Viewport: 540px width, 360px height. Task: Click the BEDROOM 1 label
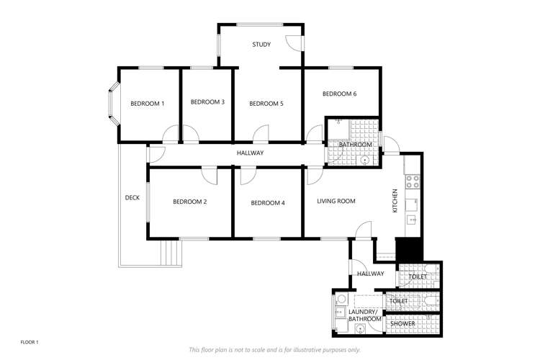click(147, 104)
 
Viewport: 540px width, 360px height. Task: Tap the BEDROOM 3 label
click(207, 102)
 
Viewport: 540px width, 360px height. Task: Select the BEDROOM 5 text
click(266, 104)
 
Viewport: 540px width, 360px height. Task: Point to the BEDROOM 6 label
click(339, 94)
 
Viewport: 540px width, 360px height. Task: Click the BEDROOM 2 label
click(190, 202)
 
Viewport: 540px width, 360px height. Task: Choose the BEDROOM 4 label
click(268, 203)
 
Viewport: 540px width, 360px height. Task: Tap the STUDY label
click(261, 45)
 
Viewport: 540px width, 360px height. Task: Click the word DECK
click(132, 198)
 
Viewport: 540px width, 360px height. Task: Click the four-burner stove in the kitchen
click(413, 182)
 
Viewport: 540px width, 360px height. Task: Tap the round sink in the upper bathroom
click(365, 160)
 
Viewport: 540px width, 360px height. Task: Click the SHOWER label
click(402, 324)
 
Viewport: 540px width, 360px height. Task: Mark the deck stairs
click(171, 253)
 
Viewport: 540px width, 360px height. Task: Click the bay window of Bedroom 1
click(112, 105)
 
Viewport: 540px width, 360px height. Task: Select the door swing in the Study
click(294, 42)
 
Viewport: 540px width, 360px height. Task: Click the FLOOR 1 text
click(30, 341)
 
